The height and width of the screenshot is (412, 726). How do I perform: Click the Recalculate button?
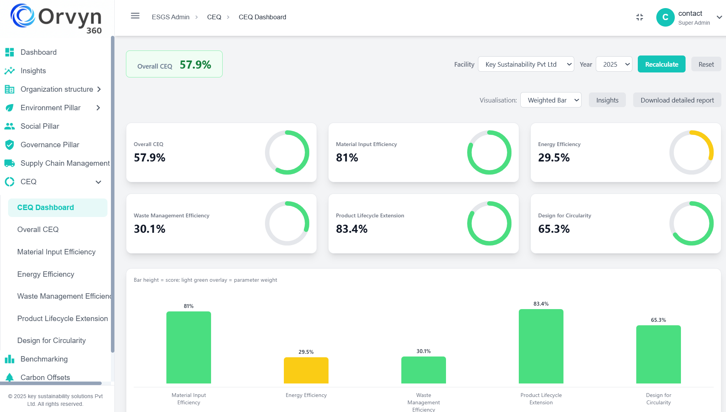661,64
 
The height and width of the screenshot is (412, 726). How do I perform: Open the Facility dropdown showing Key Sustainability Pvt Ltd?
526,64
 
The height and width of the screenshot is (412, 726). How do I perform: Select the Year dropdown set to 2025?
614,64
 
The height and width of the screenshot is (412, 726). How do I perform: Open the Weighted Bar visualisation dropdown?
550,100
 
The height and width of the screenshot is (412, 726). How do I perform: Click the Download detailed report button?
677,100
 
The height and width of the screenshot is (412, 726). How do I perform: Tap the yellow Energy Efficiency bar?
306,370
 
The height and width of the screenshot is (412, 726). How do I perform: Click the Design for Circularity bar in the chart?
658,354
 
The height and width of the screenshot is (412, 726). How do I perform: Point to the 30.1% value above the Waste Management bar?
423,351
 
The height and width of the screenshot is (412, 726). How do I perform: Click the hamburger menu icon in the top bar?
135,16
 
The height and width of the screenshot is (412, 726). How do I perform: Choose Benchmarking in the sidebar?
44,359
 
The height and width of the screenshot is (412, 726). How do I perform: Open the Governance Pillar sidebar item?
50,145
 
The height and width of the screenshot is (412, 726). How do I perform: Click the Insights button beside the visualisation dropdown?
607,100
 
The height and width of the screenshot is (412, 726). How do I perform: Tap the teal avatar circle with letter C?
665,17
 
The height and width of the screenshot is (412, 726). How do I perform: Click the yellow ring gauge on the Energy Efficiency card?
691,152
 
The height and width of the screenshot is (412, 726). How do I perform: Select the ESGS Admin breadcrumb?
171,17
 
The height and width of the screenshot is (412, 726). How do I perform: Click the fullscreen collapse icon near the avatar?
640,17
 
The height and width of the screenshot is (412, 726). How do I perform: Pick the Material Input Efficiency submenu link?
56,252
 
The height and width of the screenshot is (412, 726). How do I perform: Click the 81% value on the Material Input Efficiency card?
347,158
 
